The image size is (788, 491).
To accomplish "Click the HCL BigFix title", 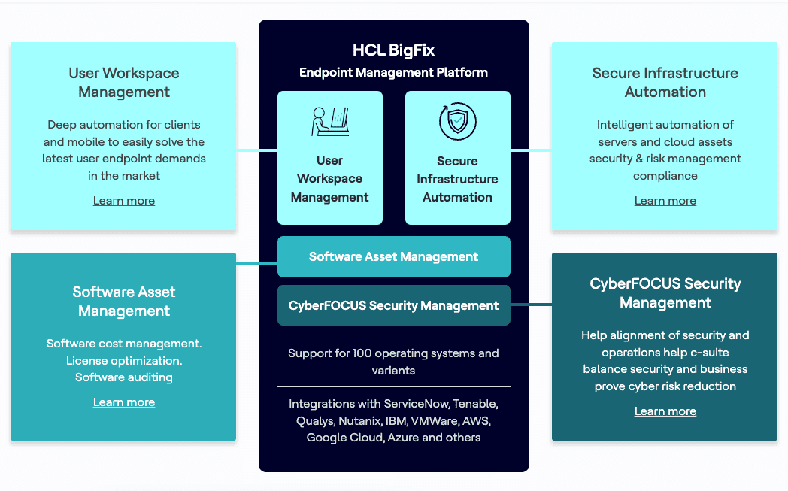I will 393,50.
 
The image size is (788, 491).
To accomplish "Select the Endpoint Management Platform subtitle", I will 393,73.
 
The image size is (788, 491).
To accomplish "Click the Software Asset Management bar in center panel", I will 393,257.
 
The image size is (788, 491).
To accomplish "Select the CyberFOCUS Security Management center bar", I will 393,306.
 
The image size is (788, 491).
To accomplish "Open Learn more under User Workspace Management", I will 124,201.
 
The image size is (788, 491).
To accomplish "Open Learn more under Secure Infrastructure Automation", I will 665,201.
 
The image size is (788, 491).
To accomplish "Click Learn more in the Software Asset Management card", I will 124,402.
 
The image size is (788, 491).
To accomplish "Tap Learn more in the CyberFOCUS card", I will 665,411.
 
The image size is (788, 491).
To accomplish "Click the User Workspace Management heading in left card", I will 124,83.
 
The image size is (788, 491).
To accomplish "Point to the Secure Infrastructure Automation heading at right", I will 665,83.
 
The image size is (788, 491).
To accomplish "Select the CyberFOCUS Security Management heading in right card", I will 665,293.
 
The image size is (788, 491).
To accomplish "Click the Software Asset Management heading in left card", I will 124,302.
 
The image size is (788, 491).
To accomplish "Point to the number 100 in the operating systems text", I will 356,353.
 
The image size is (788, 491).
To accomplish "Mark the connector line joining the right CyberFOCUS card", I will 531,305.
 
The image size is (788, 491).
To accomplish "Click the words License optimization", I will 124,361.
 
